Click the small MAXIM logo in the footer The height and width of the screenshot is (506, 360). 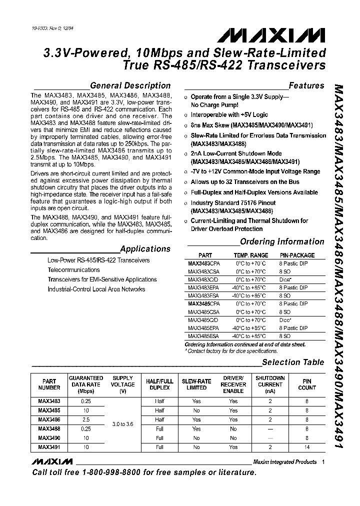pyautogui.click(x=51, y=461)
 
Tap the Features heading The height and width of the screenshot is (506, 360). pyautogui.click(x=306, y=85)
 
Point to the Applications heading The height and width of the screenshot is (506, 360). pyautogui.click(x=145, y=248)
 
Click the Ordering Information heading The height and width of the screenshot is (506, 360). pyautogui.click(x=282, y=241)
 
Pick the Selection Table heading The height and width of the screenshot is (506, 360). pyautogui.click(x=293, y=362)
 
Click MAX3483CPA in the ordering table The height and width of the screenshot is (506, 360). pyautogui.click(x=203, y=263)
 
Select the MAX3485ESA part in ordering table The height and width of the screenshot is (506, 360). pyautogui.click(x=203, y=336)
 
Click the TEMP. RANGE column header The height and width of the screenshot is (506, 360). pyautogui.click(x=250, y=255)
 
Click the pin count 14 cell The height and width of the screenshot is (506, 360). pyautogui.click(x=306, y=447)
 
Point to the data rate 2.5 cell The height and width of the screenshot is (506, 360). pyautogui.click(x=86, y=419)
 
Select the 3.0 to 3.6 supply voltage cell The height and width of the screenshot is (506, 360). pyautogui.click(x=122, y=424)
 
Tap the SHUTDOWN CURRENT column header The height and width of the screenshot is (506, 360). pyautogui.click(x=270, y=384)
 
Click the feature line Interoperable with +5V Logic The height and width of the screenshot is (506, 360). pyautogui.click(x=229, y=114)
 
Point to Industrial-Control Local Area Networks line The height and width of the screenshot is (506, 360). pyautogui.click(x=96, y=289)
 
